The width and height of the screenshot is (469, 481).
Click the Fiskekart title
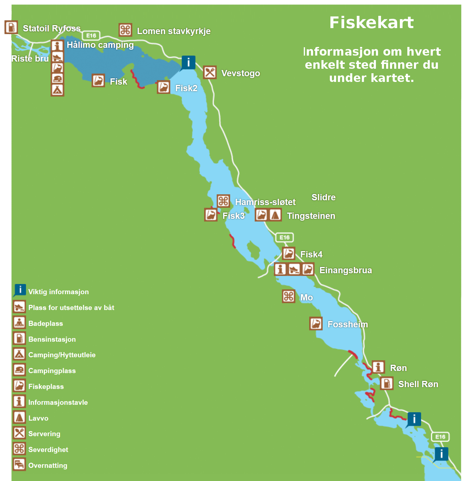coord(371,22)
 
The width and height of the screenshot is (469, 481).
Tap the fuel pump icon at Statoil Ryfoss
coord(11,27)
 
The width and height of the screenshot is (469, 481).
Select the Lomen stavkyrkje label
coord(174,31)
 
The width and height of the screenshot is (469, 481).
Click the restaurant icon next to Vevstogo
coord(210,72)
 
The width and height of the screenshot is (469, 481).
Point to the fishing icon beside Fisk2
coord(163,87)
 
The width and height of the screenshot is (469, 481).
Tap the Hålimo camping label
coord(100,45)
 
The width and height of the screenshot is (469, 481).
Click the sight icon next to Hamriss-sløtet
coord(223,201)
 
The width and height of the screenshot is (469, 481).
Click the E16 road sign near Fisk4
coord(284,237)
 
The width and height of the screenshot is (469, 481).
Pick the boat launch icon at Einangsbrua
coord(294,269)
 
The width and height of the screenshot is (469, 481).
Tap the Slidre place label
coord(323,197)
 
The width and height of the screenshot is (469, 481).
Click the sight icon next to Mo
coord(289,296)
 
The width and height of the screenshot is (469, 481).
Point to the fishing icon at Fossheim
coord(316,323)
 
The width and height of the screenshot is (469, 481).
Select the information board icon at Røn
coord(378,367)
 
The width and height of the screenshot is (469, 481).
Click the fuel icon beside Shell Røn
coord(386,383)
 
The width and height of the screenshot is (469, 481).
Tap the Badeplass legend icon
coord(19,323)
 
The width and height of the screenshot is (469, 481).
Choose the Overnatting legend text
coord(48,465)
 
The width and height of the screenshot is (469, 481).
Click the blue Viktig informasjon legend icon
coord(20,290)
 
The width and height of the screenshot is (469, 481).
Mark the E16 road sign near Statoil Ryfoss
coord(91,36)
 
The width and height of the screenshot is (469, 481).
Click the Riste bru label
coord(30,59)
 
